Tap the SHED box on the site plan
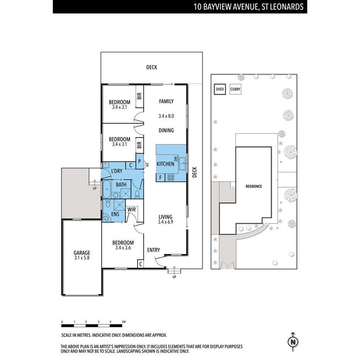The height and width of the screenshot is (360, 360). tap(219, 89)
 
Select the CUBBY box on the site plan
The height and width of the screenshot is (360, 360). tap(235, 89)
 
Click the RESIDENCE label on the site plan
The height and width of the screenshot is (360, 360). tap(254, 186)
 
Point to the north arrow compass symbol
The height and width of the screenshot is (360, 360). tap(293, 341)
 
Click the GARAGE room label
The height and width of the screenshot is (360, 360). tap(82, 253)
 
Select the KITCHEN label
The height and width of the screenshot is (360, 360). tap(165, 164)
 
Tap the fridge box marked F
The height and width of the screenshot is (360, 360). tap(160, 177)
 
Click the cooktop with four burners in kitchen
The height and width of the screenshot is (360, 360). tap(171, 177)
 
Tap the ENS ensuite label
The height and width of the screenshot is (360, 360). tap(115, 214)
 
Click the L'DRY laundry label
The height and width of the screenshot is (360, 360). tap(117, 171)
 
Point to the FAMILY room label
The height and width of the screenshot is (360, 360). tap(166, 101)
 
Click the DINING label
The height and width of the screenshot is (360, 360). tap(166, 131)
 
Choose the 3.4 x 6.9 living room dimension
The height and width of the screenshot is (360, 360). tap(165, 222)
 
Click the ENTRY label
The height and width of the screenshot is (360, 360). tap(153, 250)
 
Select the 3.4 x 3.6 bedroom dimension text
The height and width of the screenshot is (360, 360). tap(123, 248)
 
